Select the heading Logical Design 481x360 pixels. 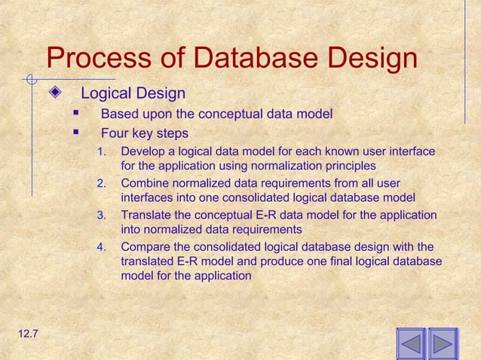(133, 94)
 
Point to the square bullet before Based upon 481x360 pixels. (75, 114)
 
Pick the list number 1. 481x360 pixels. (102, 152)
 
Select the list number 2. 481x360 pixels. (102, 184)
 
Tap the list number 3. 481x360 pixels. (102, 215)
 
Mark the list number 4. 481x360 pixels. (102, 247)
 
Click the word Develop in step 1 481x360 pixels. (142, 152)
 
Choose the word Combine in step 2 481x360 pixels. (145, 184)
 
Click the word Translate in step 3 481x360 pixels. (146, 215)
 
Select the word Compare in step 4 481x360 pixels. (146, 247)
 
